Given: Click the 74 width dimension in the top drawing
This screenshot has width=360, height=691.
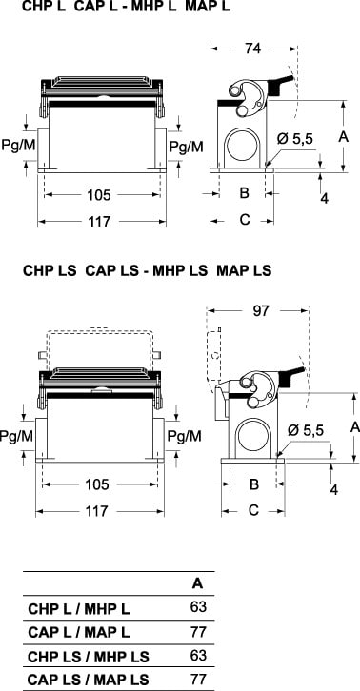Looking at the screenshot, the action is coord(253,49).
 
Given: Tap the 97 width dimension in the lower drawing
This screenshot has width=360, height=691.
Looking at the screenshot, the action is coord(261,310).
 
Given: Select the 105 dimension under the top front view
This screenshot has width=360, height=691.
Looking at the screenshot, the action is coord(99,195).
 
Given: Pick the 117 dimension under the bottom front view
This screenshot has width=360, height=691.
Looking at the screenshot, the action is coord(96,511).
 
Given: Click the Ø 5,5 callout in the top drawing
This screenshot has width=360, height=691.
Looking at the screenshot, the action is coord(295,139).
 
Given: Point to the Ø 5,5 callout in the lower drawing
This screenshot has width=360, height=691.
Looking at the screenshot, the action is coord(306,429).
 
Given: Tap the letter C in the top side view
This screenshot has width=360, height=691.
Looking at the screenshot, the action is coord(245,219).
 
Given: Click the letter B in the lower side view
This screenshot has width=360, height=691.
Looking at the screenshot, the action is coord(254,484).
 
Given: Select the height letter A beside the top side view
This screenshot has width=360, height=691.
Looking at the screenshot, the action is coord(343,137).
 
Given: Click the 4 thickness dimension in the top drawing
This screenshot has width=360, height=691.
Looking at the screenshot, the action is coord(324,198).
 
